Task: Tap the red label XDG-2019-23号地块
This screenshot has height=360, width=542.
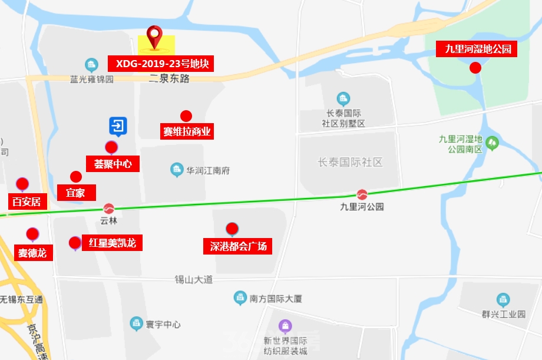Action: (x=161, y=64)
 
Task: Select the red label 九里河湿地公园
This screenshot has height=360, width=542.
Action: (x=477, y=49)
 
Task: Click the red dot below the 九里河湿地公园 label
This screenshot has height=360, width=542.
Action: (x=475, y=68)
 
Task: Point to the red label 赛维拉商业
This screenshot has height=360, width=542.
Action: (x=187, y=131)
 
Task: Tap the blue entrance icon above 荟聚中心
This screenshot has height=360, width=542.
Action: (x=118, y=125)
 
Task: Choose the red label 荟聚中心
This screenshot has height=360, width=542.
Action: (x=113, y=164)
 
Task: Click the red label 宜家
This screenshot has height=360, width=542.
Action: (x=75, y=192)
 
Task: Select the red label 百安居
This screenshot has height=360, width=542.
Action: (x=27, y=202)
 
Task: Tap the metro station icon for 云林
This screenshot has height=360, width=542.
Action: (x=109, y=208)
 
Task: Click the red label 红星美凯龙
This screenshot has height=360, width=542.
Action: (x=112, y=243)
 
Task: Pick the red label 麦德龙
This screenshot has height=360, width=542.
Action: (x=32, y=253)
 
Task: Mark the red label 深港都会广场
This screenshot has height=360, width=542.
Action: (x=238, y=246)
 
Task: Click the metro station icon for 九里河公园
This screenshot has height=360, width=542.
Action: (x=362, y=194)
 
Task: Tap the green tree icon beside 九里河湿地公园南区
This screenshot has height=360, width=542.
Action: (x=492, y=143)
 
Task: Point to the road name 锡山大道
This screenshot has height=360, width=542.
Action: (x=194, y=279)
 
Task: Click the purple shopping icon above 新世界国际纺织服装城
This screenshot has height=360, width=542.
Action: (x=285, y=325)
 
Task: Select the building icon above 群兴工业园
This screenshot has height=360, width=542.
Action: (x=503, y=300)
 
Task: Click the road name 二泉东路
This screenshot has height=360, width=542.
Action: (x=169, y=79)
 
